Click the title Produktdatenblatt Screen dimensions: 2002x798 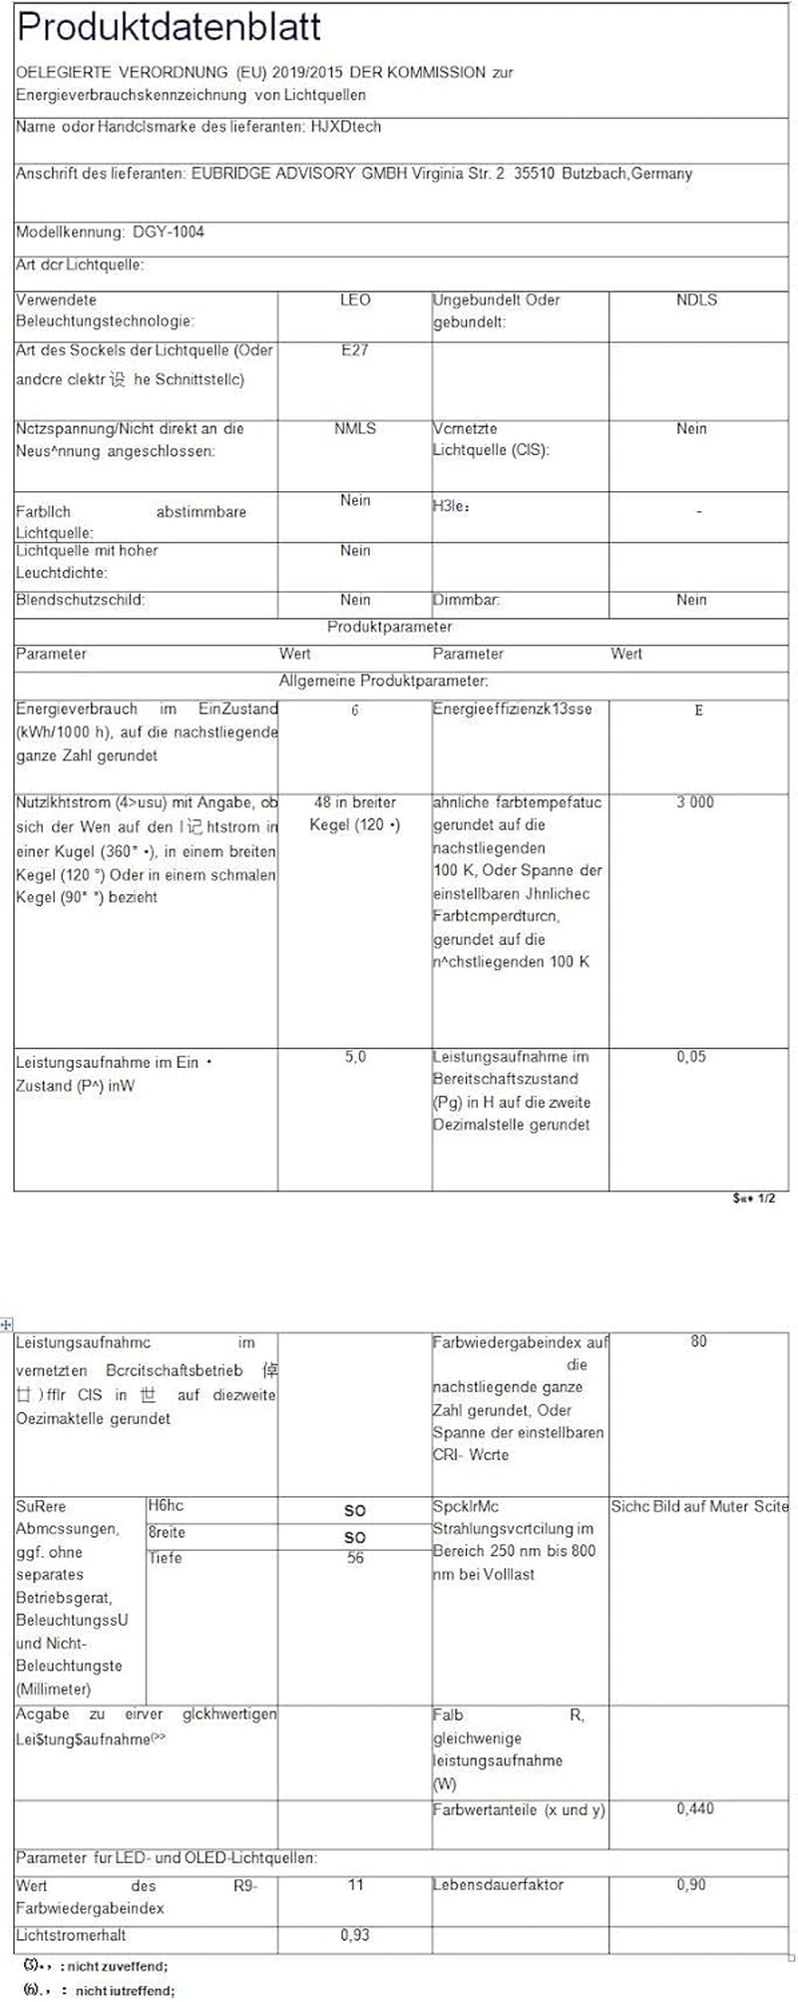[x=169, y=27]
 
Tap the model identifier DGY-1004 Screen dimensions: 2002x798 [x=169, y=232]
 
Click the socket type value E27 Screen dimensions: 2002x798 [x=355, y=350]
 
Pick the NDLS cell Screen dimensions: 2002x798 [x=696, y=299]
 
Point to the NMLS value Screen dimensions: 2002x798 [x=355, y=428]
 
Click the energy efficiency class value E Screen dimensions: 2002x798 [x=698, y=710]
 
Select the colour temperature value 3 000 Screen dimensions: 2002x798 [x=695, y=801]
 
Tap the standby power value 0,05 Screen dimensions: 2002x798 [x=691, y=1057]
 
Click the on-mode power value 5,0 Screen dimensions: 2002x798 [x=355, y=1057]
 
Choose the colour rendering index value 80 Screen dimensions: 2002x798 [x=698, y=1341]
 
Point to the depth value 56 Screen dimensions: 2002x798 [x=355, y=1557]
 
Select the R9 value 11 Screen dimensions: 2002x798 [x=355, y=1884]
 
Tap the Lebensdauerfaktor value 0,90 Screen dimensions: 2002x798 [x=691, y=1884]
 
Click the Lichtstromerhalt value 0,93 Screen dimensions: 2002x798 [x=355, y=1934]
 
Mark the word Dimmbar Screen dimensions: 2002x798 [x=466, y=600]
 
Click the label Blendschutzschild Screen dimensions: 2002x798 [x=80, y=600]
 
